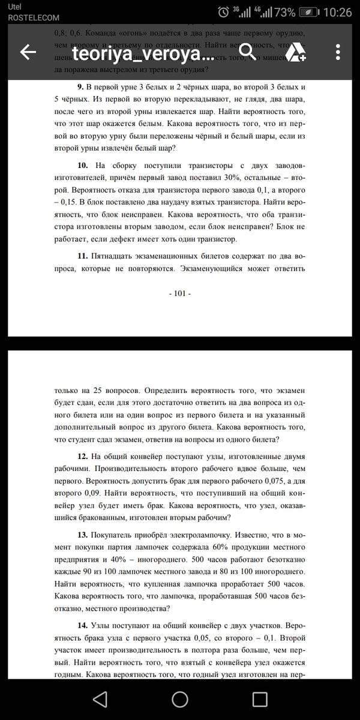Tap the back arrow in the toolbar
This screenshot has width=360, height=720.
tap(28, 53)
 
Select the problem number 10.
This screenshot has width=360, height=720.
tap(83, 164)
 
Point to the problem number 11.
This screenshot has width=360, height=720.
tap(83, 256)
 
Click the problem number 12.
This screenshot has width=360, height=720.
tap(83, 455)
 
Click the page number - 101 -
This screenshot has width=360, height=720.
tap(181, 293)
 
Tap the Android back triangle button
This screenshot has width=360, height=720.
tap(100, 700)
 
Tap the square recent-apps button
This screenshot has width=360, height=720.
tap(260, 700)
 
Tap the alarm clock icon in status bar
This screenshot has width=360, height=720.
tap(223, 12)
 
